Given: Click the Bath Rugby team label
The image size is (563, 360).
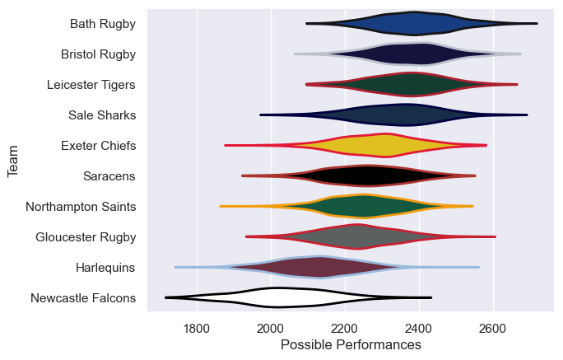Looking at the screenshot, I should [103, 24].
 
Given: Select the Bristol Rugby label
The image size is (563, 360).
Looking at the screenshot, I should [99, 54].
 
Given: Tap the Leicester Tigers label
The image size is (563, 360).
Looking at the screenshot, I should [91, 85].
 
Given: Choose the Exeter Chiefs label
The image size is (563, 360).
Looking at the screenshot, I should [99, 146].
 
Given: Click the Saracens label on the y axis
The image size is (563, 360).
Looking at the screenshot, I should [109, 176].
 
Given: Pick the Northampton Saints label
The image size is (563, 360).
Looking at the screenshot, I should [81, 207].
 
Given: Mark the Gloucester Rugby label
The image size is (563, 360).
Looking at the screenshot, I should [86, 237].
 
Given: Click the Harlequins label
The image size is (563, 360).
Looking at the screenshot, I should [105, 268].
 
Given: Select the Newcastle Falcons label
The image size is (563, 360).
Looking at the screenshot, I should [83, 298].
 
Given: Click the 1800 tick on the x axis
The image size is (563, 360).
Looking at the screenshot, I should [197, 329].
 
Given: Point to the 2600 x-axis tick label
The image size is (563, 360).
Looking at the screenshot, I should [493, 329].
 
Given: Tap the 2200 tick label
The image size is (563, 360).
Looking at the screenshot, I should [345, 329].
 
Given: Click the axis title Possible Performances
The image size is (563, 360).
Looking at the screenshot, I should [351, 345].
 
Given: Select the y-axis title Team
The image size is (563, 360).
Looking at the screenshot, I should [13, 161].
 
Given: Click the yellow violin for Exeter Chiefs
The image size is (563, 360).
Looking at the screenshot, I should [370, 146].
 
